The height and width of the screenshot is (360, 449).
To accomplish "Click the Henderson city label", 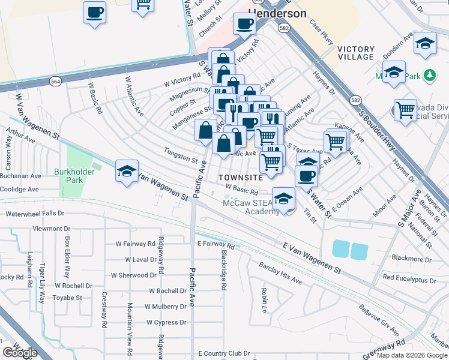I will [277, 13].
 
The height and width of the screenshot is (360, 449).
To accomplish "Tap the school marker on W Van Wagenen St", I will [127, 171].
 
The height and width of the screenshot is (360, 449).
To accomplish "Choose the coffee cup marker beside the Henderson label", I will [244, 25].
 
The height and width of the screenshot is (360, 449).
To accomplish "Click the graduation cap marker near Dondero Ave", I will [426, 44].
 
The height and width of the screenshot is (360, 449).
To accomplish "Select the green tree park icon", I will [429, 76].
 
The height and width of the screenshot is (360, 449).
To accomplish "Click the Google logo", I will [19, 352].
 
